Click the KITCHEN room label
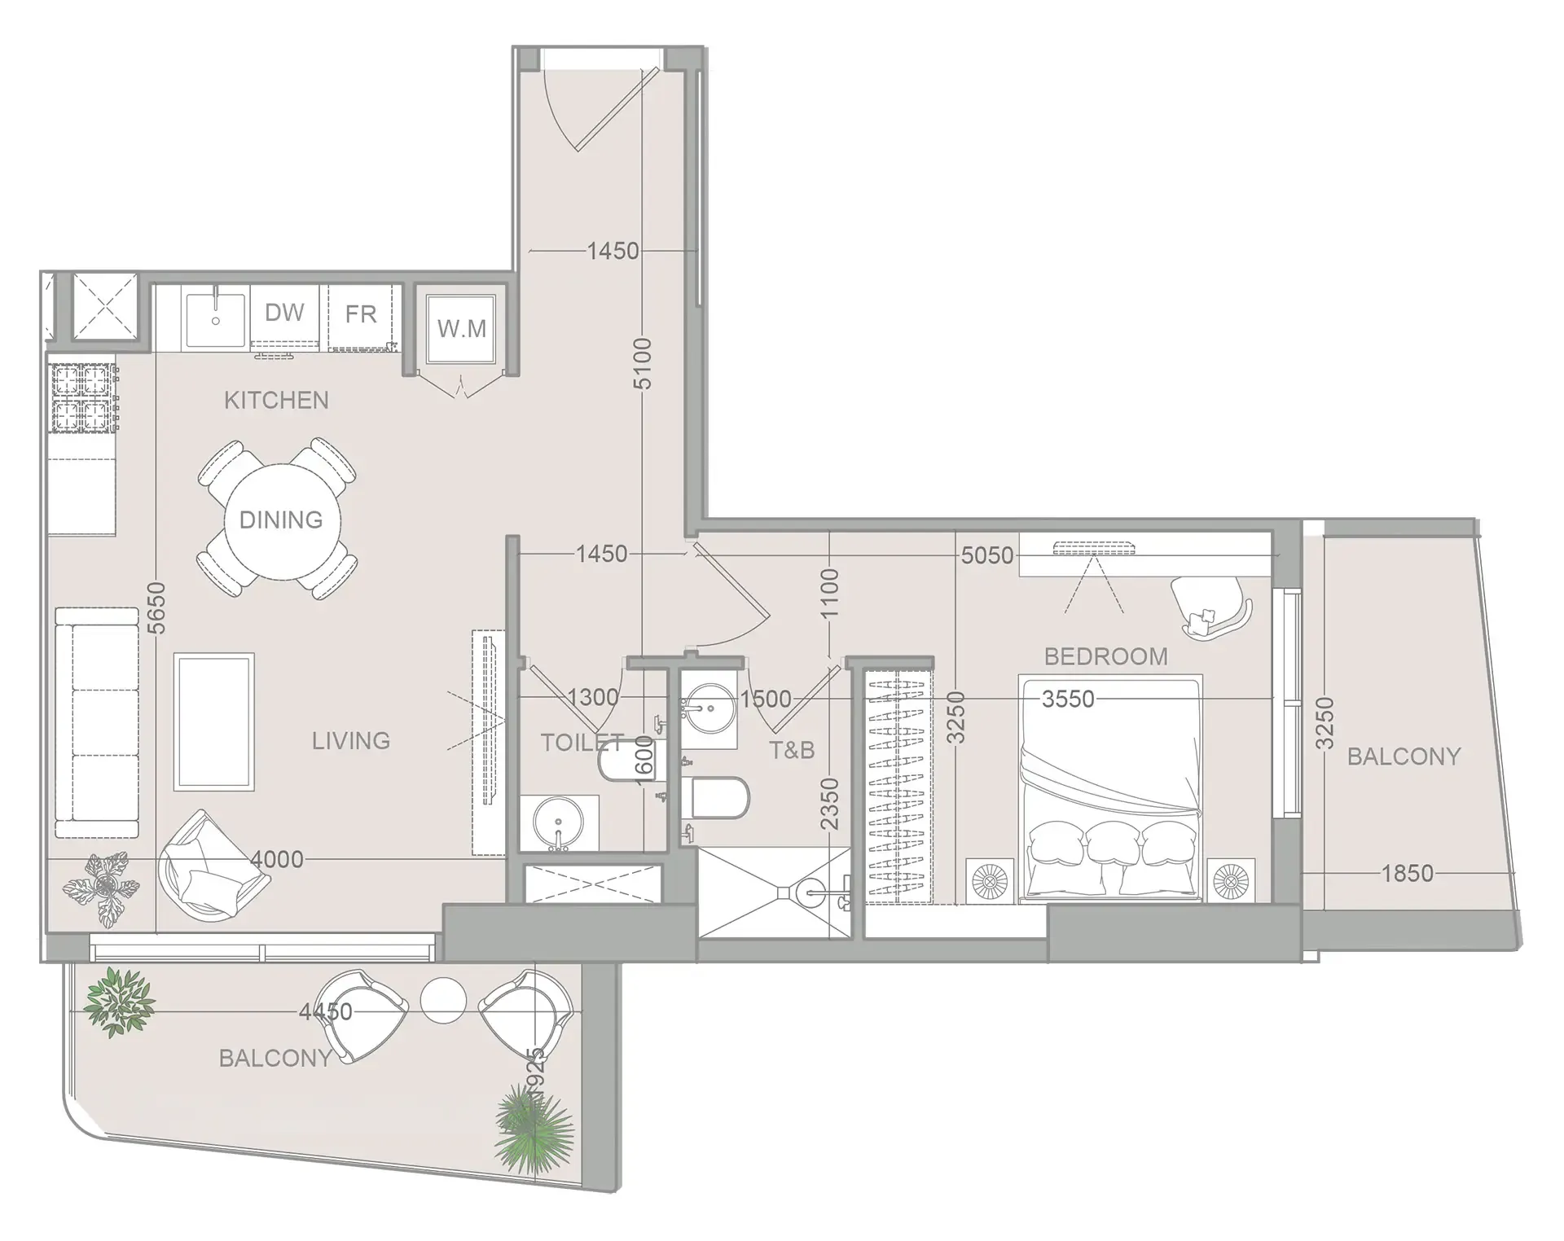276,401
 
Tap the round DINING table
282,521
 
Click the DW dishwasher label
284,313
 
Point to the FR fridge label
361,314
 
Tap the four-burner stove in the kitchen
82,397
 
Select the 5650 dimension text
156,607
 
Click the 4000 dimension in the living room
277,859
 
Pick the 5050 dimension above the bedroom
987,555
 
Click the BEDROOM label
1105,656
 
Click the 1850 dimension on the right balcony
1407,874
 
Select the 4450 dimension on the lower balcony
326,1011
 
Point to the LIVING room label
351,741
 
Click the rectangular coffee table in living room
214,721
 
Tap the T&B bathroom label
792,750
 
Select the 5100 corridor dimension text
644,363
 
